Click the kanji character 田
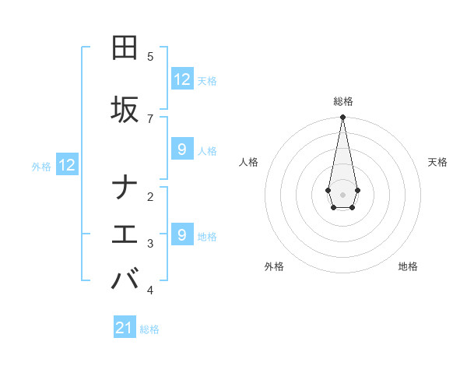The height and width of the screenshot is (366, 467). point(124,48)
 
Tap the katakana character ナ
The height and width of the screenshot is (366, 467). point(124,188)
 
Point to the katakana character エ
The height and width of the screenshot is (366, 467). point(124,234)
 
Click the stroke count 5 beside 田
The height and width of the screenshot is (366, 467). point(150,57)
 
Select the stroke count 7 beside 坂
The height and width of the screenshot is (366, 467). point(150,118)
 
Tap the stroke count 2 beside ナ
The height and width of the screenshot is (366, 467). point(150,197)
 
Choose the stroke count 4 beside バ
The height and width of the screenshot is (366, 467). point(150,290)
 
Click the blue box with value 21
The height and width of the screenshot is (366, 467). point(125,328)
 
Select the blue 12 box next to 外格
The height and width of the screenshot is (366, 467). point(67,165)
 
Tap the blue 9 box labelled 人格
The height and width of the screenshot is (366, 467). point(182,150)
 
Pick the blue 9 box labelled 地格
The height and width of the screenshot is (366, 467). point(182,234)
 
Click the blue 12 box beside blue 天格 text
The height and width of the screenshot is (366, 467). point(182,79)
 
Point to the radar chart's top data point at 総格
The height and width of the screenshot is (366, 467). point(342,118)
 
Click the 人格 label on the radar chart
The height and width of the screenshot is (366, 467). point(249,162)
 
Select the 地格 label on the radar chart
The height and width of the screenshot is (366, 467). point(408,266)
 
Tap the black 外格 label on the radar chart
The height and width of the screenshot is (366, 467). point(274,266)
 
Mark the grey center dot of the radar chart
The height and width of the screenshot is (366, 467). point(342,193)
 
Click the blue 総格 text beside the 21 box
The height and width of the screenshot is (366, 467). point(149,329)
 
